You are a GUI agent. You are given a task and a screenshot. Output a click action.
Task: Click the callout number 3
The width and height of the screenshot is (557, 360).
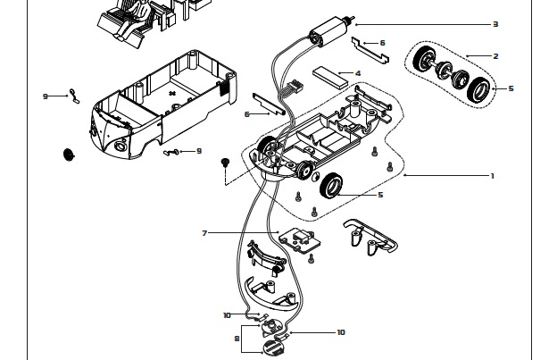click(x=495, y=24)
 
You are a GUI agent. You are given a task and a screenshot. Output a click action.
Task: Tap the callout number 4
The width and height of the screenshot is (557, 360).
click(x=358, y=73)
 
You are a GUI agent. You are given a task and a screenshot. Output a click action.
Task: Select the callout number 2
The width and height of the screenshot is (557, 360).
click(x=495, y=56)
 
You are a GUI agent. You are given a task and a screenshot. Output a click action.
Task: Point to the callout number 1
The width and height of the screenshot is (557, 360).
click(x=493, y=176)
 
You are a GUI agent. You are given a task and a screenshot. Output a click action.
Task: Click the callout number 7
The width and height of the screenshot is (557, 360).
click(x=204, y=233)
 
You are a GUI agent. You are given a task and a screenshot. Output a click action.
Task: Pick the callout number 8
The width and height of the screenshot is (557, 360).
click(x=237, y=339)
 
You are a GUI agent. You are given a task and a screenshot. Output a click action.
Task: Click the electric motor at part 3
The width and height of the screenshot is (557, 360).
click(x=329, y=31)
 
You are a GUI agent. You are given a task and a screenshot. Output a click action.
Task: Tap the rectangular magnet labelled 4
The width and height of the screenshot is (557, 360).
click(x=330, y=78)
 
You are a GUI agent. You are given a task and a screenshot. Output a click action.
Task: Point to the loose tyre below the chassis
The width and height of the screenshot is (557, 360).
click(x=331, y=186)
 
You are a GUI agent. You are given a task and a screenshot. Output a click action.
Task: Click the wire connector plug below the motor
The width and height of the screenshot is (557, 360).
click(x=295, y=85)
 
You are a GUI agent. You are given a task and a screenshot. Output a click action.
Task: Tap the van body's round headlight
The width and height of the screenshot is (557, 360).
click(x=120, y=146)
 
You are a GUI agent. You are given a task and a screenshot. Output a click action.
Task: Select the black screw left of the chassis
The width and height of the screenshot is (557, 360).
click(x=224, y=163)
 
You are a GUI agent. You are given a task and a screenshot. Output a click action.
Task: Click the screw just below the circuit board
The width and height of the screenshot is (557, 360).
click(x=312, y=259)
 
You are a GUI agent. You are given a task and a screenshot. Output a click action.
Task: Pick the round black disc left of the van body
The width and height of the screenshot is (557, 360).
click(x=68, y=155)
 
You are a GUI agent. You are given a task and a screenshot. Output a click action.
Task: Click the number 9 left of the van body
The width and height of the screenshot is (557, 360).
click(x=46, y=96)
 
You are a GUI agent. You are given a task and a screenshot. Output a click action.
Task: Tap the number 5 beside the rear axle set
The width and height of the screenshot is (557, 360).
click(x=511, y=88)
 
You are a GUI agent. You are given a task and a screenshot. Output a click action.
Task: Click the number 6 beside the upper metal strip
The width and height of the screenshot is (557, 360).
click(x=382, y=43)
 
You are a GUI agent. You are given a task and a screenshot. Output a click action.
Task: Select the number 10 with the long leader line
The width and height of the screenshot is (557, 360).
click(x=341, y=332)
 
